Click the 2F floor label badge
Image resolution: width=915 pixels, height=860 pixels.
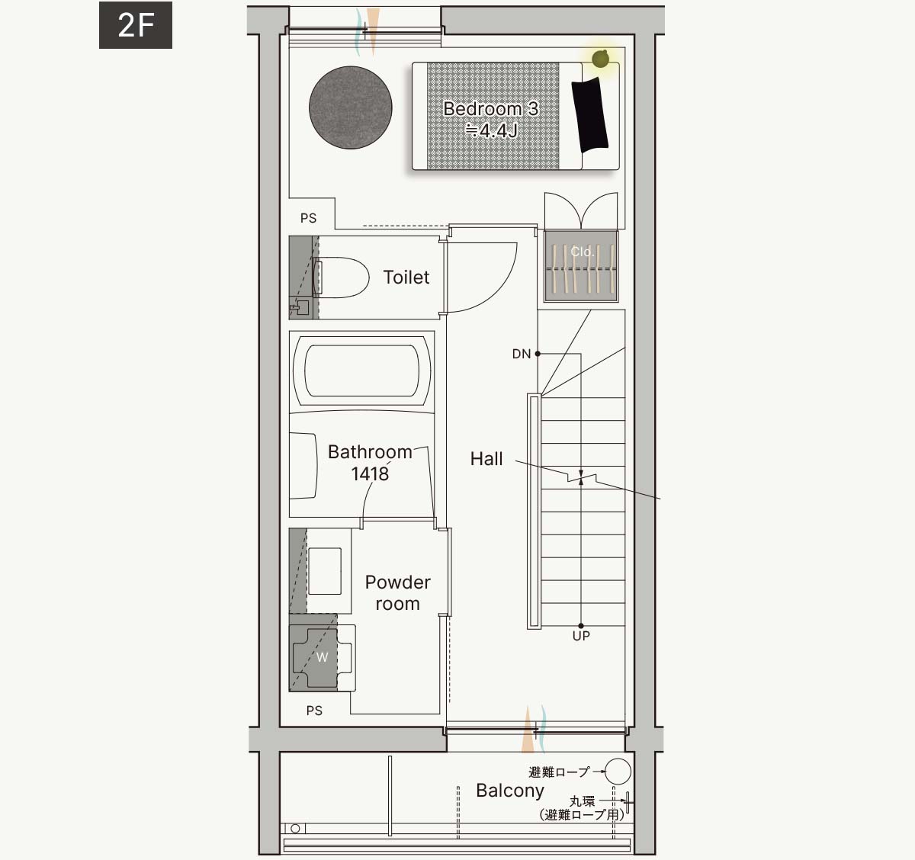tap(136, 25)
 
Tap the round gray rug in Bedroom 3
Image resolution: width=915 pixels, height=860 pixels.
tap(351, 107)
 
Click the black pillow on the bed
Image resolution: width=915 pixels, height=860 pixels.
tap(590, 114)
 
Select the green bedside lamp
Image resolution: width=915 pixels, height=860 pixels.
tap(600, 59)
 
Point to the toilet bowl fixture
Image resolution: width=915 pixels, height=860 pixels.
tap(341, 278)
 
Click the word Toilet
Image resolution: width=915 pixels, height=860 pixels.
tap(406, 278)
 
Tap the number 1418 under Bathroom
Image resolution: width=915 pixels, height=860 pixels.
tap(370, 473)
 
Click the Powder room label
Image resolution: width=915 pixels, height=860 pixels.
tap(397, 592)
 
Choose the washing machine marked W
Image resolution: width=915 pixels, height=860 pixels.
tap(322, 658)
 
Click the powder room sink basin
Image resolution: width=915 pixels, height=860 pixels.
tap(325, 571)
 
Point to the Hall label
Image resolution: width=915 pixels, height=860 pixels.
tap(486, 459)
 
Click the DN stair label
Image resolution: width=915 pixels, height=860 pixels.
tap(522, 354)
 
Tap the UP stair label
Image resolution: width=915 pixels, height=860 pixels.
tap(581, 636)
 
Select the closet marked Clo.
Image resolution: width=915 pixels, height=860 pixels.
tap(581, 266)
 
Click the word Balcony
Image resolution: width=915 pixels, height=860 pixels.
tap(510, 791)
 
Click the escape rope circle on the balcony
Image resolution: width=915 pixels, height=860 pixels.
tap(618, 771)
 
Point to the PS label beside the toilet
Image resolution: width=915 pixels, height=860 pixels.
tap(308, 218)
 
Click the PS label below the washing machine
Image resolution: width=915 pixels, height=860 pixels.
tap(314, 711)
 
